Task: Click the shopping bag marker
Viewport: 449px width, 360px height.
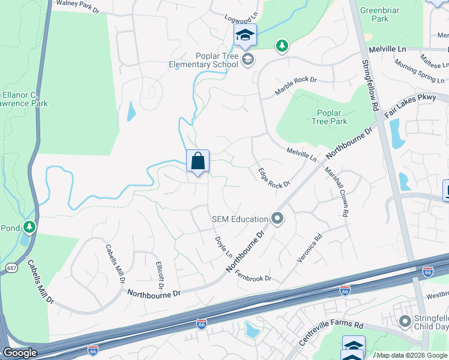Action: tap(197, 161)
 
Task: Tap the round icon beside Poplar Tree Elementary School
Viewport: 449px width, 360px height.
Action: tap(248, 59)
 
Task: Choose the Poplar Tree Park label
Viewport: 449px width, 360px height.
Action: tap(330, 117)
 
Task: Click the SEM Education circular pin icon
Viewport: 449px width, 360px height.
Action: tap(277, 218)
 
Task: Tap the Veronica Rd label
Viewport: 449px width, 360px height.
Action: tap(310, 248)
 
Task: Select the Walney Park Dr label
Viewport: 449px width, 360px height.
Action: tap(77, 7)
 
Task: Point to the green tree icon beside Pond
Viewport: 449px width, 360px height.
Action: tap(28, 227)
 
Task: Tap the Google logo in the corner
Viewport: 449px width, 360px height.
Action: tap(19, 353)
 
